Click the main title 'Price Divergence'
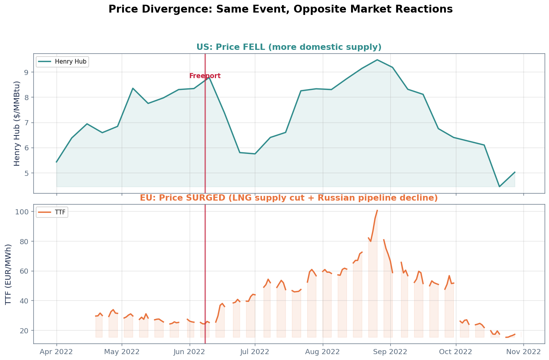[280, 9]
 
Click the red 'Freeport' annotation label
[205, 76]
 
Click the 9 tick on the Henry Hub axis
[26, 72]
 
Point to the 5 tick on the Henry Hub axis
[26, 173]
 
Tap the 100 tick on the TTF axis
[23, 212]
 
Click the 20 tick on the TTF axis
[24, 331]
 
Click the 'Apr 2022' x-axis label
[56, 352]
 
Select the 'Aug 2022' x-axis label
[322, 352]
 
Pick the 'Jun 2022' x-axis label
[190, 352]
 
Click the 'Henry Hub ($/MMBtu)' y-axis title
[17, 123]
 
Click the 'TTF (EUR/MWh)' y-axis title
[9, 274]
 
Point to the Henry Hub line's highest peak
[377, 60]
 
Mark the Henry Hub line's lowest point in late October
[499, 186]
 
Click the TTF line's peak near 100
[377, 210]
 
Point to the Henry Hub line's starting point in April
[57, 162]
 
